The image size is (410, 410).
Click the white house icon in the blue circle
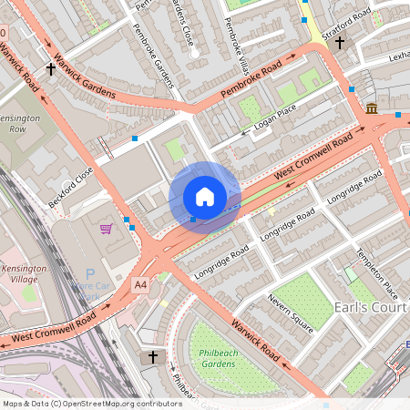(x=205, y=196)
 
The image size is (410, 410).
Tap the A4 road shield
(x=139, y=285)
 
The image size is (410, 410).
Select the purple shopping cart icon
(x=107, y=228)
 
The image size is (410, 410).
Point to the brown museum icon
(x=372, y=109)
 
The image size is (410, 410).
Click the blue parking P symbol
(x=89, y=274)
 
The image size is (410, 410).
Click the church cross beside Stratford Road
(x=340, y=42)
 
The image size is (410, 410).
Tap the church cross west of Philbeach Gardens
(x=153, y=356)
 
